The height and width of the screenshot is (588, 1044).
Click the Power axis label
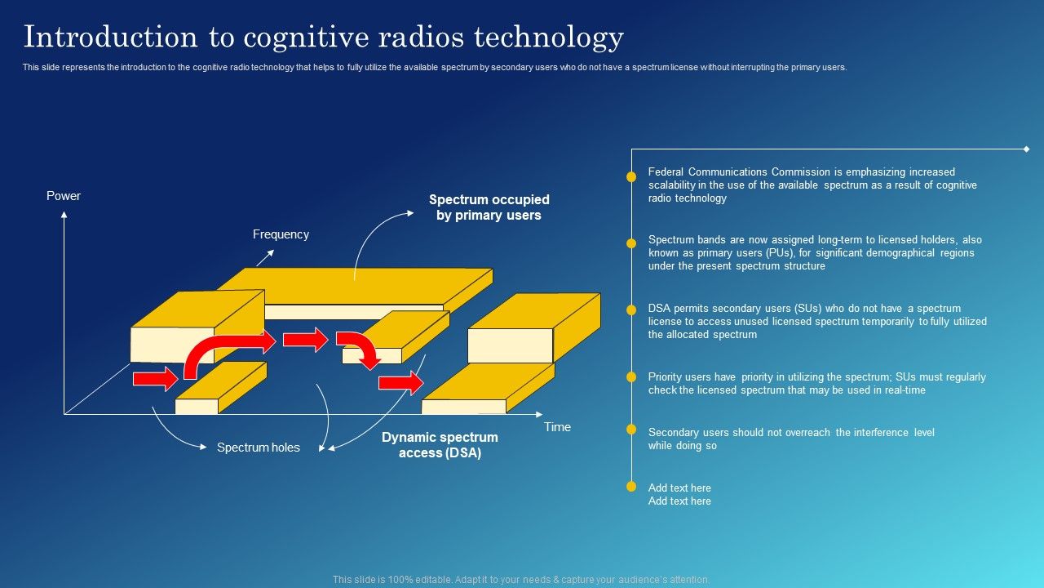point(64,196)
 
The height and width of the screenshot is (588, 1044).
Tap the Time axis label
point(558,427)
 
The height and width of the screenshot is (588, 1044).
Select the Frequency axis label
point(281,234)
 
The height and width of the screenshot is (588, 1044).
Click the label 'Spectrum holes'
point(258,448)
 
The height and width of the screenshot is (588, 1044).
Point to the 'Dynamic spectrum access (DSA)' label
point(440,445)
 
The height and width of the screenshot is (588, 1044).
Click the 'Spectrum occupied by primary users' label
point(489,207)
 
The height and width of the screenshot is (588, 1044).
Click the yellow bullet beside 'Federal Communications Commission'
point(631,176)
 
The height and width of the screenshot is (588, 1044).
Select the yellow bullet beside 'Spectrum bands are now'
point(631,243)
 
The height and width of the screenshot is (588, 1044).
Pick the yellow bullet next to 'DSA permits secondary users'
point(631,310)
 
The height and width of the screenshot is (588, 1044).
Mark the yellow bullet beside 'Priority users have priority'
point(631,377)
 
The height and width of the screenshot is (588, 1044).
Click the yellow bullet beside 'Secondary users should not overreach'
point(631,430)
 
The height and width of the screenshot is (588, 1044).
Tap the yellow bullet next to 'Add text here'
point(631,487)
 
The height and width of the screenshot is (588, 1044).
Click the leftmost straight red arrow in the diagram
point(155,378)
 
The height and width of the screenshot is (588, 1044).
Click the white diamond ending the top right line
point(1026,149)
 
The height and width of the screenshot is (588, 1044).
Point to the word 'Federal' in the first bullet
point(666,172)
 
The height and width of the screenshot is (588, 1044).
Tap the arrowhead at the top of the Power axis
point(64,215)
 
